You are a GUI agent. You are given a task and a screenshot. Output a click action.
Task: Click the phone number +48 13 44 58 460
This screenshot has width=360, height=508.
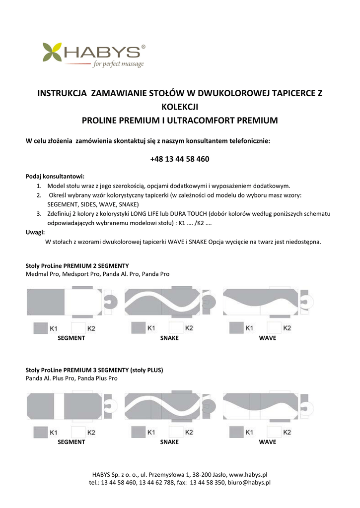179,159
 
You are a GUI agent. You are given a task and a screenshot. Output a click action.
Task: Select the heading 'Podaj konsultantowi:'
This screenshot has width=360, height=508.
55,176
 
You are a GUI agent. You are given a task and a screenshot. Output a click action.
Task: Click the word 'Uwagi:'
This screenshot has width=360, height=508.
35,232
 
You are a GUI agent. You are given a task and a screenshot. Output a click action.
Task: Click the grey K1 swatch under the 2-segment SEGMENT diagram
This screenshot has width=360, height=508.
40,328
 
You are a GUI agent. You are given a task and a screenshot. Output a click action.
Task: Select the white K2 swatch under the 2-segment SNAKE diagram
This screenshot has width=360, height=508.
176,328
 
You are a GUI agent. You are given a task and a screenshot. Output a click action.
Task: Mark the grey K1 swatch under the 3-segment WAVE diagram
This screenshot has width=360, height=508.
236,433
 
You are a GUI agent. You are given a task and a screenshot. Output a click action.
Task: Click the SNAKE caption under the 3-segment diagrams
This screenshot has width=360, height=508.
169,442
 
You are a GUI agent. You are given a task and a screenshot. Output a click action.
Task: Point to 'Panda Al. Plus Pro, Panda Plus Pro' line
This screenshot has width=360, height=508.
72,378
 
